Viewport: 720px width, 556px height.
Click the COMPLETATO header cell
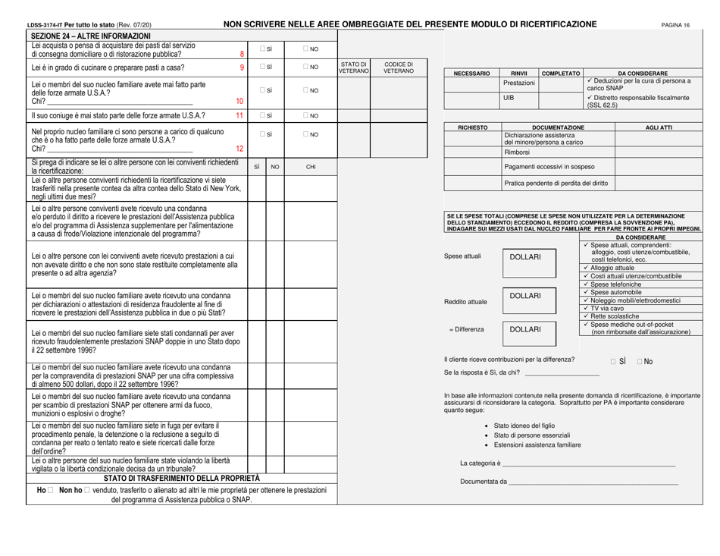coord(560,74)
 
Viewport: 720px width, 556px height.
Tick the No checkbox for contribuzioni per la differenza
coord(641,358)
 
